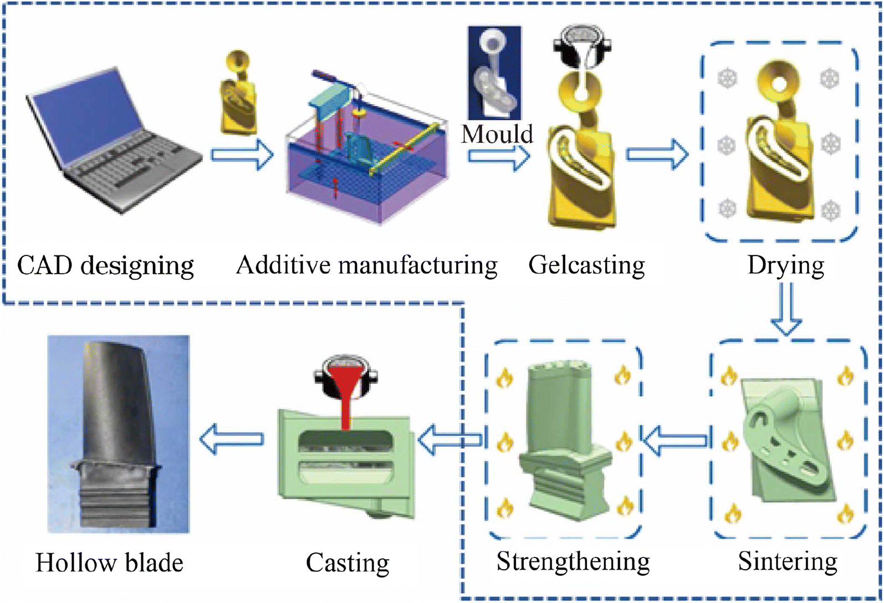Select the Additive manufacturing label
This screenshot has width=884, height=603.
(x=366, y=265)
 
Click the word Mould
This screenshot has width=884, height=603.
(x=497, y=134)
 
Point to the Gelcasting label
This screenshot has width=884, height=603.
(x=586, y=265)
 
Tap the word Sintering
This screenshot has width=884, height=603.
(x=787, y=561)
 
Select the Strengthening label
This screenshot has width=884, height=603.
(x=573, y=561)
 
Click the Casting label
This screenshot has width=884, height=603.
(x=348, y=563)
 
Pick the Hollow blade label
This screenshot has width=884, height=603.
(x=109, y=563)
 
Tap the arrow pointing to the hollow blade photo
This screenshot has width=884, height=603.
(x=232, y=440)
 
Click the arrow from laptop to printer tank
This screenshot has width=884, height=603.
(x=242, y=155)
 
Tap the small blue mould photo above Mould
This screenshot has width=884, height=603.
(x=494, y=72)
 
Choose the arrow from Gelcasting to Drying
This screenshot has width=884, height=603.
(x=657, y=154)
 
